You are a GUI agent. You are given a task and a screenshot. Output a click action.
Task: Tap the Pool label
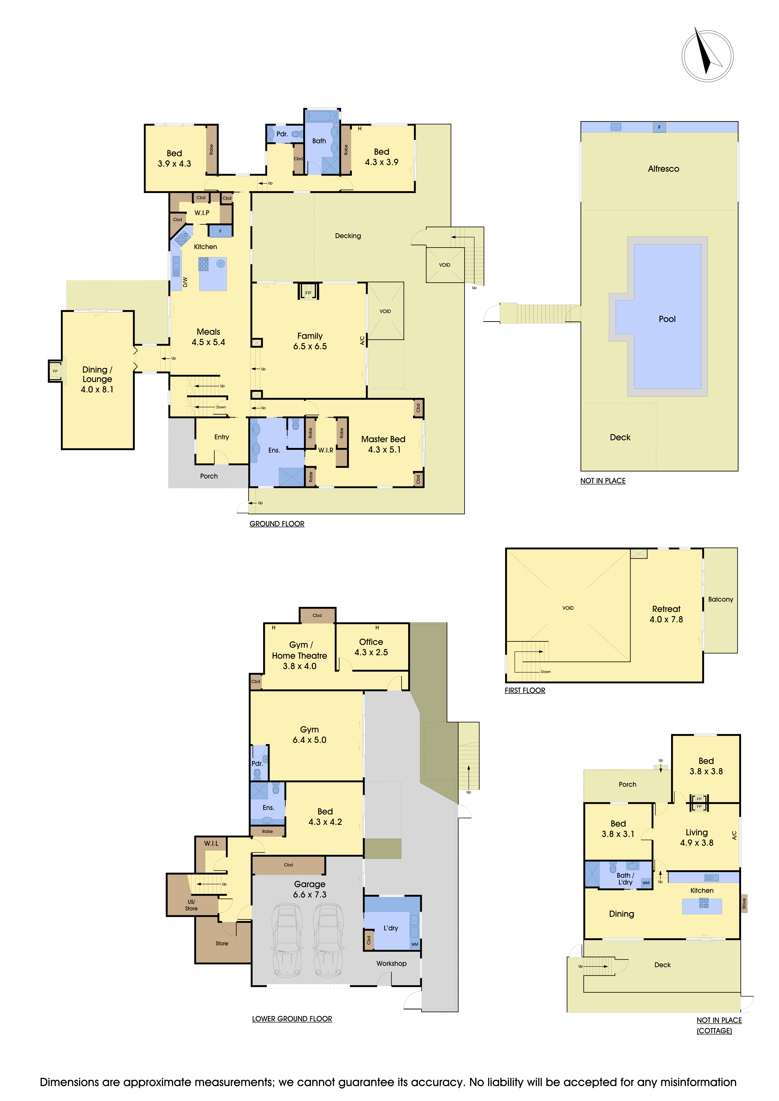[667, 319]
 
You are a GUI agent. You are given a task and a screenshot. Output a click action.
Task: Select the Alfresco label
[663, 169]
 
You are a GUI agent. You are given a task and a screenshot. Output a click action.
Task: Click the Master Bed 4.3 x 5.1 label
[383, 444]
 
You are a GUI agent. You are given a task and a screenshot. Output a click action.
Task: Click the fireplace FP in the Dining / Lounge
[55, 371]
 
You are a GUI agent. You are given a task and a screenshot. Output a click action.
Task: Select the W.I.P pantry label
[201, 212]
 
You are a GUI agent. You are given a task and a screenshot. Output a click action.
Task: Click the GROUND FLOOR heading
[277, 524]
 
